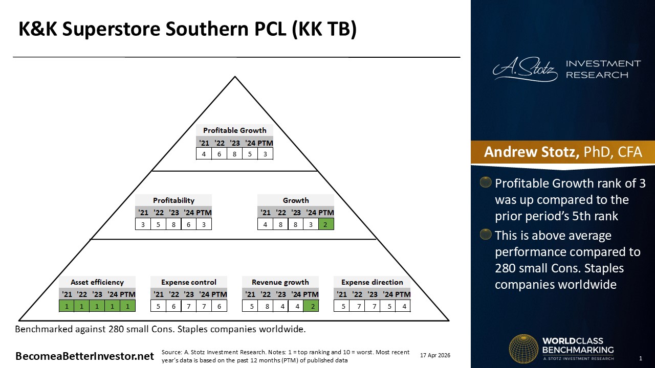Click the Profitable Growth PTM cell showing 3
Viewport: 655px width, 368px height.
click(265, 154)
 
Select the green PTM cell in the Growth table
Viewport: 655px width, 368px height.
click(326, 224)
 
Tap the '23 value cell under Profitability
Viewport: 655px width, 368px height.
click(173, 224)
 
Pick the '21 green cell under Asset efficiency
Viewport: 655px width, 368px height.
click(67, 306)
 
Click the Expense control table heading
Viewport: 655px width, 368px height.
click(189, 282)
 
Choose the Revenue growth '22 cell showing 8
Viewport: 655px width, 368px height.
click(267, 306)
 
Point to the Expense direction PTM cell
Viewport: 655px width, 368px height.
click(404, 306)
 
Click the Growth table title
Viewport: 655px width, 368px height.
click(296, 200)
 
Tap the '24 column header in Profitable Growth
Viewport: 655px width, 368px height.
click(250, 143)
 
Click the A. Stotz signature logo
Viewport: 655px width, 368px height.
click(525, 69)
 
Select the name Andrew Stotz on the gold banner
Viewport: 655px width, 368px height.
click(531, 152)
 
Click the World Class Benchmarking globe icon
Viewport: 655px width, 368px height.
click(523, 349)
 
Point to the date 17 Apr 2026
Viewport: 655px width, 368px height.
click(435, 355)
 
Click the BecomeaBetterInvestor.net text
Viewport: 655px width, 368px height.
click(84, 356)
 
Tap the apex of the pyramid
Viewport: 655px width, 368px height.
click(235, 77)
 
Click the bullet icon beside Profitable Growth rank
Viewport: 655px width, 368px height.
click(486, 182)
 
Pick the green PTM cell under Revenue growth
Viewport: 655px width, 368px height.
click(311, 306)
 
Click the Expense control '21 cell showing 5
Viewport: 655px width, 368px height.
click(158, 306)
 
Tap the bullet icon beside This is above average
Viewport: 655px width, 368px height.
click(486, 234)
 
